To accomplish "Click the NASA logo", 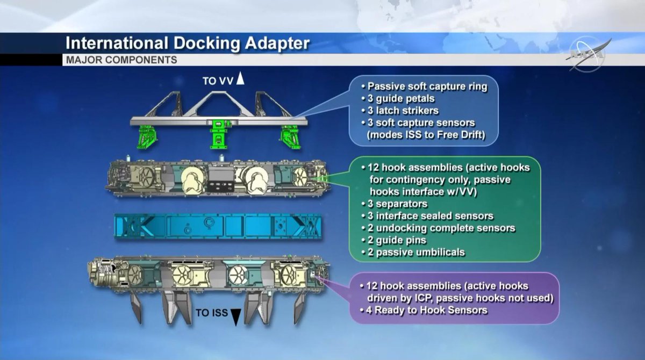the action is tap(587, 54).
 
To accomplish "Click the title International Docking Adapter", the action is tap(188, 44).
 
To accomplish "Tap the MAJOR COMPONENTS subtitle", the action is tap(121, 60).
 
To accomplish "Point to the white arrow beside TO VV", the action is tap(240, 78).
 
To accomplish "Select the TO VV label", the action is tap(217, 81).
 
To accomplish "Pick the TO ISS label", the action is tap(212, 313).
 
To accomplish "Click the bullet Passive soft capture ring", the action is tap(424, 87).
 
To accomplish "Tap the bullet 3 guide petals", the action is tap(398, 99).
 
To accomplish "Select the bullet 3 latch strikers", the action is tap(400, 111).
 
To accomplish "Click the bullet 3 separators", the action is tap(395, 204).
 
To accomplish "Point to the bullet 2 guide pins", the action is tap(393, 240).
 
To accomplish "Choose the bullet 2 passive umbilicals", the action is tap(413, 253).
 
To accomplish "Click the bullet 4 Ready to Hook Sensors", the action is tap(424, 310).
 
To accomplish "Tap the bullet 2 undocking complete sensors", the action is tap(438, 228).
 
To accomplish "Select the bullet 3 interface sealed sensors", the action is tap(427, 216).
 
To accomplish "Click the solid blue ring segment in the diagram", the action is tap(218, 226).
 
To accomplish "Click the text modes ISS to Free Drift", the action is tap(426, 135).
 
